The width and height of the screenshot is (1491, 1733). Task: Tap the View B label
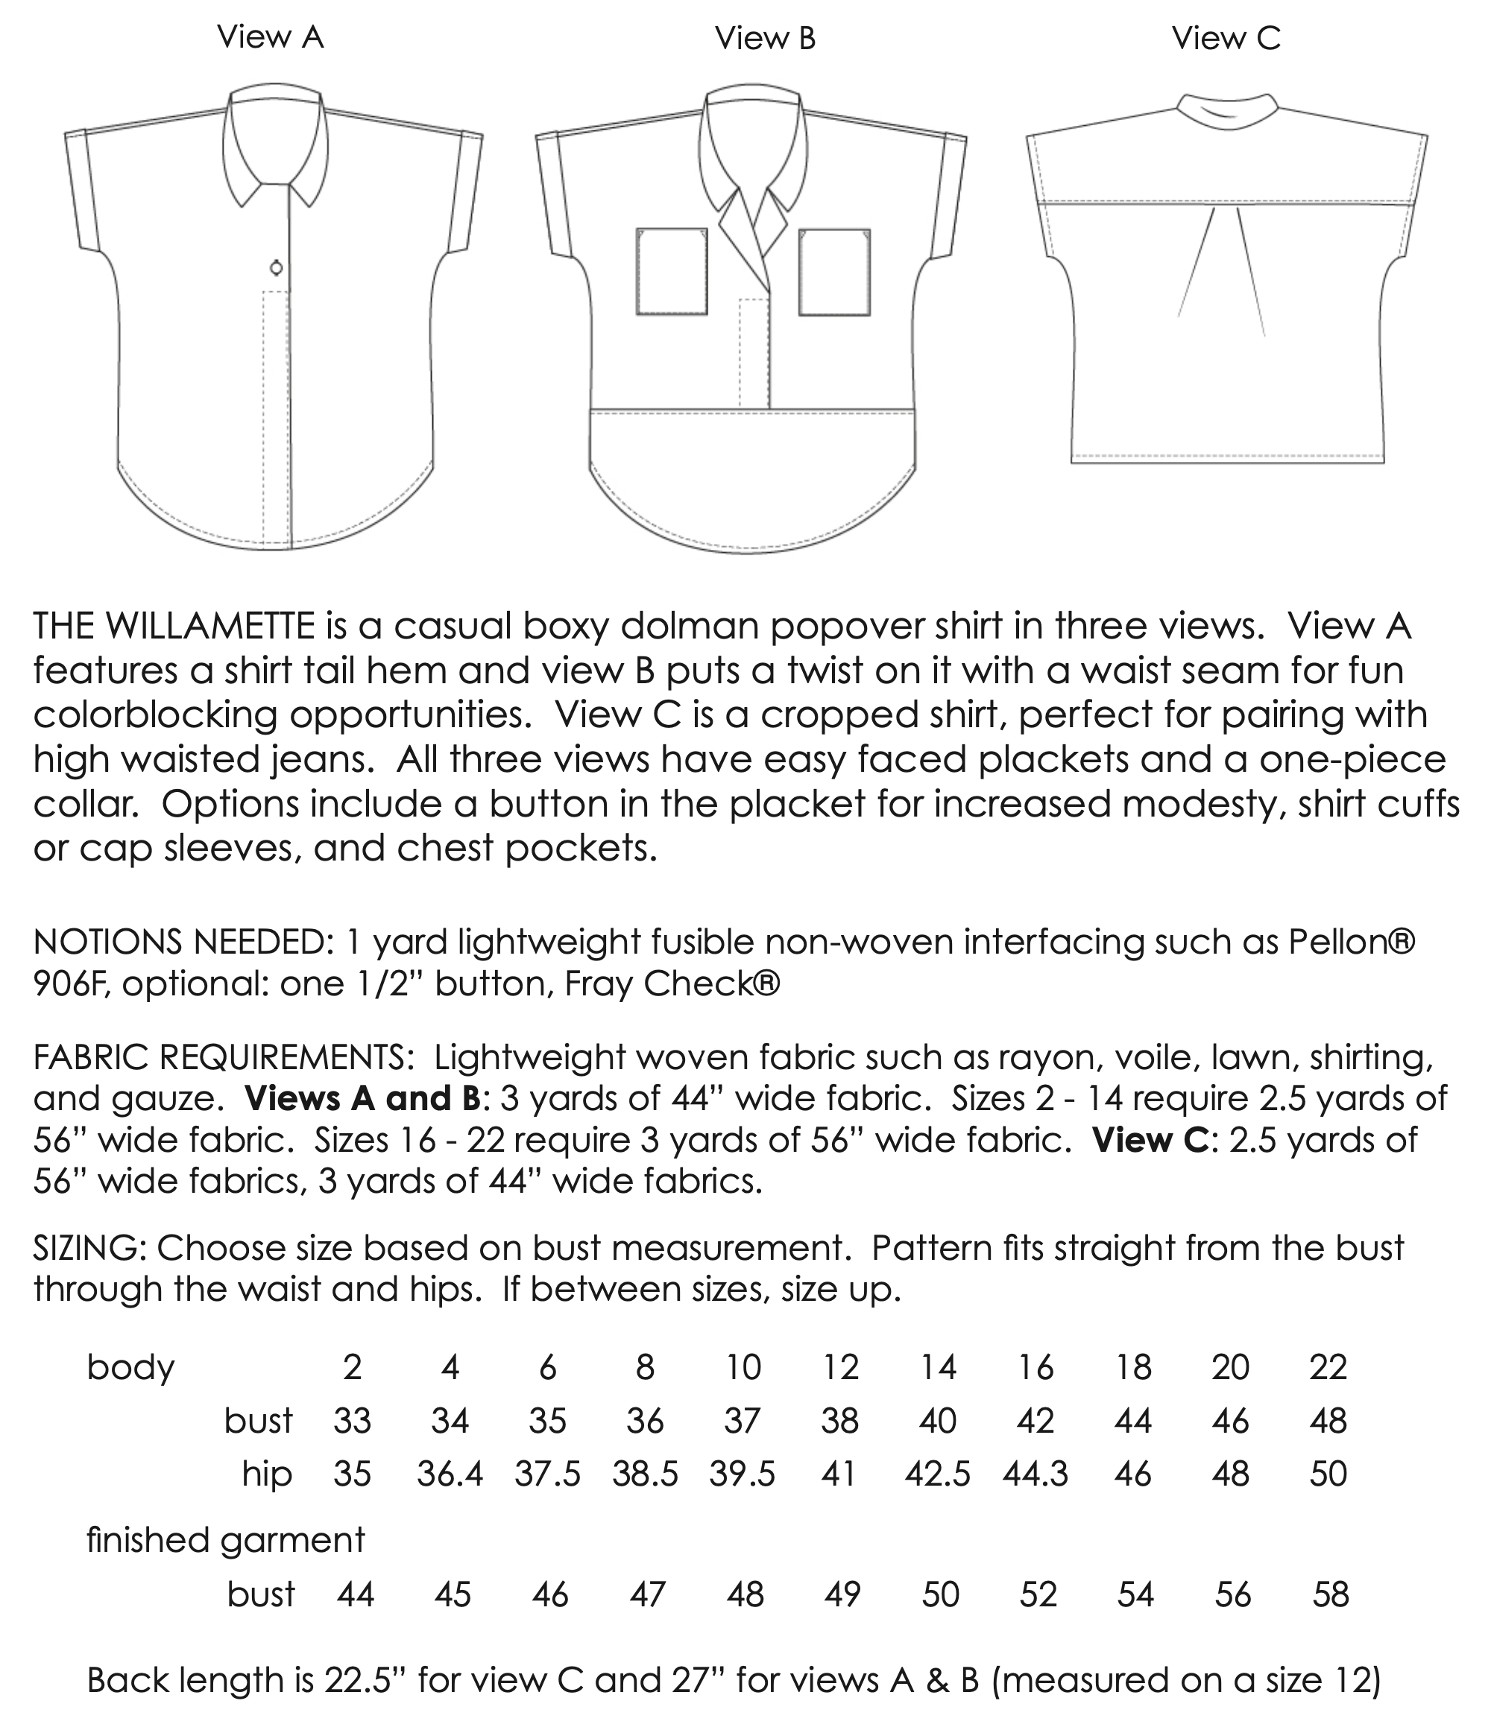765,39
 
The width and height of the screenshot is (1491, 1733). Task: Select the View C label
1226,39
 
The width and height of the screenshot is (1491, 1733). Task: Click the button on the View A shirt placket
276,267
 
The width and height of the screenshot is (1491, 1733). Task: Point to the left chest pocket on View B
671,272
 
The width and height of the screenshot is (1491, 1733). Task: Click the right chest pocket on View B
834,272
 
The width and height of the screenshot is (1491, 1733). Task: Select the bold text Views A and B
362,1098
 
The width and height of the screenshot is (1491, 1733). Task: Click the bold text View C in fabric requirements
1150,1140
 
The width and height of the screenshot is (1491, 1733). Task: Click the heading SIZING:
90,1248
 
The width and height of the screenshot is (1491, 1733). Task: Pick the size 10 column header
743,1367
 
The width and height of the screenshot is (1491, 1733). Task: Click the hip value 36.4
450,1474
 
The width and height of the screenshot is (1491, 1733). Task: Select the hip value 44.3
1035,1474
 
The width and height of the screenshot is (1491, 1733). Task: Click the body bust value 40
937,1421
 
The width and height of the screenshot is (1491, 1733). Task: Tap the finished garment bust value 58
1331,1595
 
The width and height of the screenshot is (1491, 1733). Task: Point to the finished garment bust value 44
355,1595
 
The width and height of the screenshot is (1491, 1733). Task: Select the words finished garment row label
226,1540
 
